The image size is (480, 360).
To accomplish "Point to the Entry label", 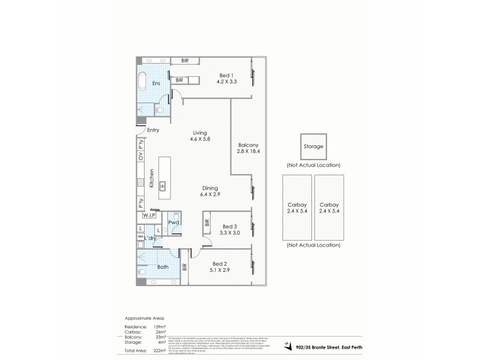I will coord(152,130).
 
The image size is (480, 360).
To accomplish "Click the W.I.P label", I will coord(149,215).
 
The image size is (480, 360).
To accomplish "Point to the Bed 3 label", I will coord(230,229).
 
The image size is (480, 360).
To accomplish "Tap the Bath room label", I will coord(162,267).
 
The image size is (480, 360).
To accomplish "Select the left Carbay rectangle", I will coord(296,208).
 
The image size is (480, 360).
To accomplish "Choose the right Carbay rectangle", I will coord(329,208).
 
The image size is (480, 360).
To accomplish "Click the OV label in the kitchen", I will coord(141,157).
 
